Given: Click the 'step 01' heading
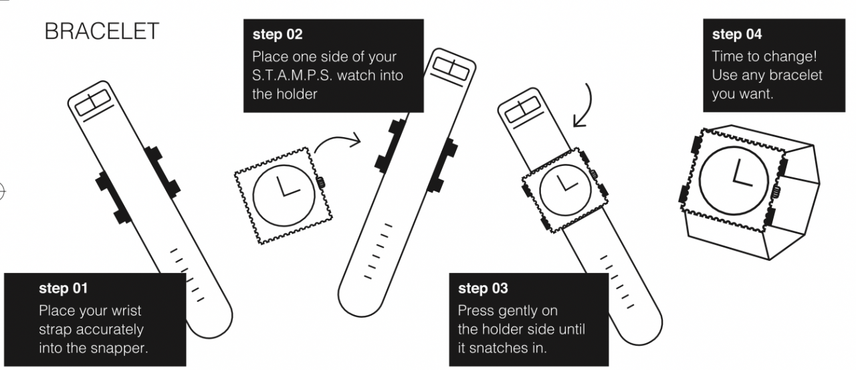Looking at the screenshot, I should [63, 290].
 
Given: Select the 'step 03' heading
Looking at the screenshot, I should [482, 289].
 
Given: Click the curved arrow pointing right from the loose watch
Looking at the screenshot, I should [338, 142].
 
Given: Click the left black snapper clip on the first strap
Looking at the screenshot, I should [112, 197].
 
